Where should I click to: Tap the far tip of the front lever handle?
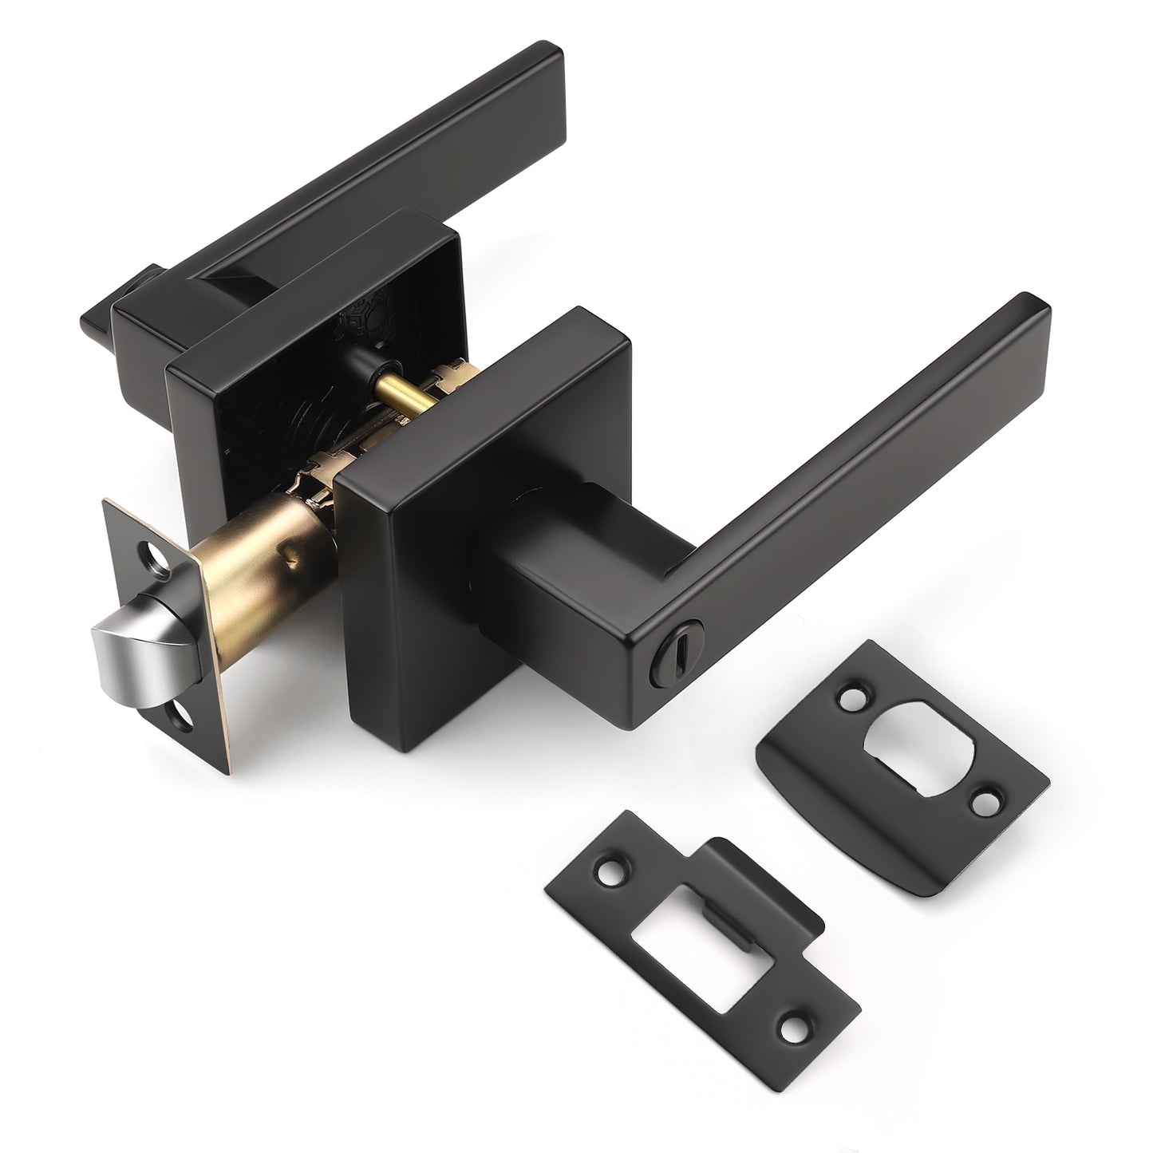pyautogui.click(x=1033, y=307)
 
